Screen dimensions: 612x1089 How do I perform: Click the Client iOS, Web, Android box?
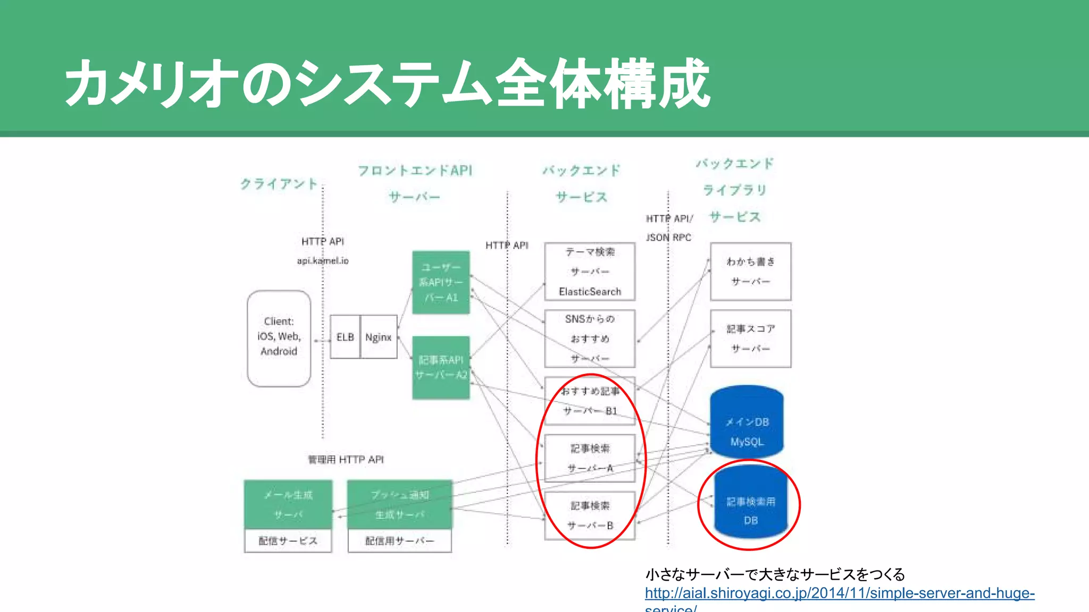279,338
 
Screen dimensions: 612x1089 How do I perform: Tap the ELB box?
345,337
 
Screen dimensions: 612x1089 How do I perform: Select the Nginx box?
379,337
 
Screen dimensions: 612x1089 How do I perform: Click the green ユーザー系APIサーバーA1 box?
441,282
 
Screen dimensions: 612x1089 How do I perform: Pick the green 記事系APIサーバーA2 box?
441,367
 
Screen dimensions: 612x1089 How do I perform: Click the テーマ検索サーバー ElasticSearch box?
590,271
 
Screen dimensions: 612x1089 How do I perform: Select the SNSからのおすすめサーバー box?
590,338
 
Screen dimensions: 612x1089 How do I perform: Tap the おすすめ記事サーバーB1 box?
590,401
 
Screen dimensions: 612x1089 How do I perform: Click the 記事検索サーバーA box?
590,458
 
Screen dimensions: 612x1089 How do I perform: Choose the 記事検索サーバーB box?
590,515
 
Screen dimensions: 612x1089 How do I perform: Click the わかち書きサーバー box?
750,271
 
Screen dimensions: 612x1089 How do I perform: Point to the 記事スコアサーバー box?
750,338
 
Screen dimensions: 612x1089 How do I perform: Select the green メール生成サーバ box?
288,504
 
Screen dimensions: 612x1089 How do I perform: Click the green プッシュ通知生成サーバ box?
399,504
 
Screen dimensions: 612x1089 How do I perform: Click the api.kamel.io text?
322,260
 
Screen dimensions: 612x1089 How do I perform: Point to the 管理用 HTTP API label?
346,460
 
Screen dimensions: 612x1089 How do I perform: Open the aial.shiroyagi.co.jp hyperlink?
839,593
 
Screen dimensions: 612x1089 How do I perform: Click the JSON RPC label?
668,237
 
